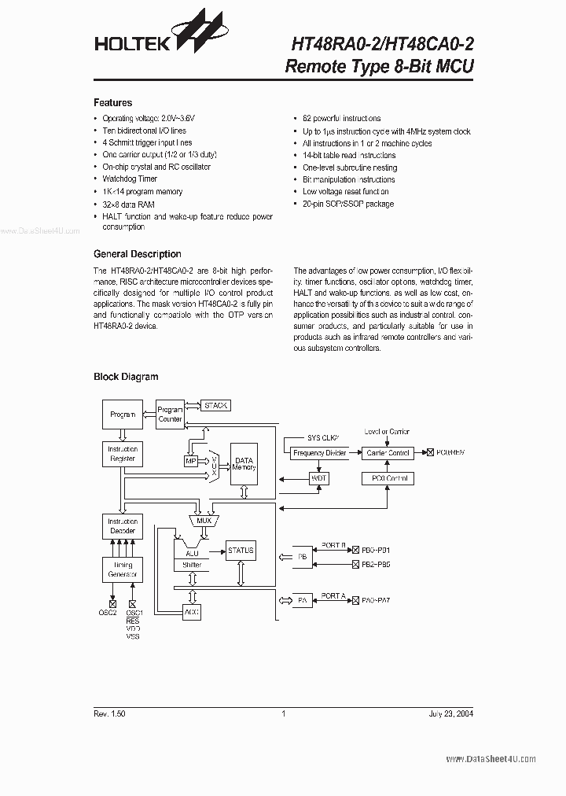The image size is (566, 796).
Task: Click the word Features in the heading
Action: click(112, 102)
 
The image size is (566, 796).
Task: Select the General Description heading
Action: click(137, 254)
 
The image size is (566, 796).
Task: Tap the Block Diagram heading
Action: click(126, 377)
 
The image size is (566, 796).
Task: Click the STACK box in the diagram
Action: click(215, 405)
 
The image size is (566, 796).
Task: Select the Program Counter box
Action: click(171, 415)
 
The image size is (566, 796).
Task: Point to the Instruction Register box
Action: click(123, 454)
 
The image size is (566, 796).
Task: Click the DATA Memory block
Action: click(244, 464)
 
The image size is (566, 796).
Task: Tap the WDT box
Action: click(319, 478)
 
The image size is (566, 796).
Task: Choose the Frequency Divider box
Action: click(320, 453)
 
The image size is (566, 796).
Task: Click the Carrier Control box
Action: click(388, 453)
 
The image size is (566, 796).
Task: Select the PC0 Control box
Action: click(388, 478)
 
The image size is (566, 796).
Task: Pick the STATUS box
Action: click(241, 551)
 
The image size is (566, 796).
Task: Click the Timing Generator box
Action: click(123, 569)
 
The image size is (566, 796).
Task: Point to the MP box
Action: click(191, 461)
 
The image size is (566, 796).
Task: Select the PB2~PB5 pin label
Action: click(376, 565)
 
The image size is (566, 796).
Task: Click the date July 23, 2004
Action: click(451, 713)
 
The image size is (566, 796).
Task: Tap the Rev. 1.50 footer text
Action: click(109, 713)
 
